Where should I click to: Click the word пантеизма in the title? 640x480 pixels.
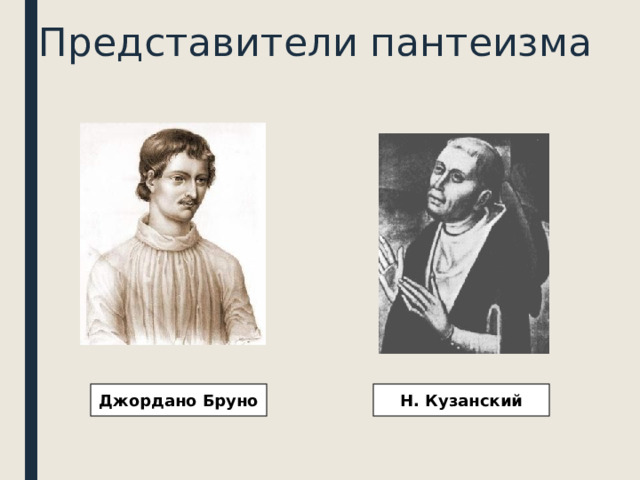tap(479, 42)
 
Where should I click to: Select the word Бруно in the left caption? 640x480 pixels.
tap(228, 402)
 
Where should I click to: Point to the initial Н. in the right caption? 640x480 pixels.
tap(409, 402)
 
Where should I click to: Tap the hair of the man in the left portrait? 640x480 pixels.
tap(170, 145)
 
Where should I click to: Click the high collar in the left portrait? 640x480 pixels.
tap(168, 236)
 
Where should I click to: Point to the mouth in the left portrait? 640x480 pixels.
tap(186, 206)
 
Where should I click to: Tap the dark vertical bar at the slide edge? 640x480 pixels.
tap(31, 240)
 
